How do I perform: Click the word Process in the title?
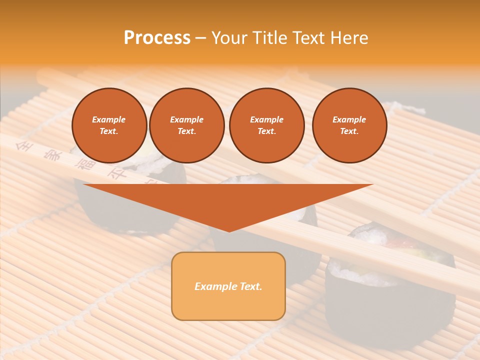tap(157, 38)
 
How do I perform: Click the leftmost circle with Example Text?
tap(109, 125)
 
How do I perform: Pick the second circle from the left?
tap(186, 125)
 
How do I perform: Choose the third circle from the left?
tap(266, 125)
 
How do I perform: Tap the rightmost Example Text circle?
tap(349, 125)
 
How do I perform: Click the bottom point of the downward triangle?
tap(229, 231)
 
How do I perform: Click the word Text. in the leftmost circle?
tap(109, 131)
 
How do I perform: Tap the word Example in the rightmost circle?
tap(349, 119)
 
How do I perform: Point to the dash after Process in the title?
tap(200, 38)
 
